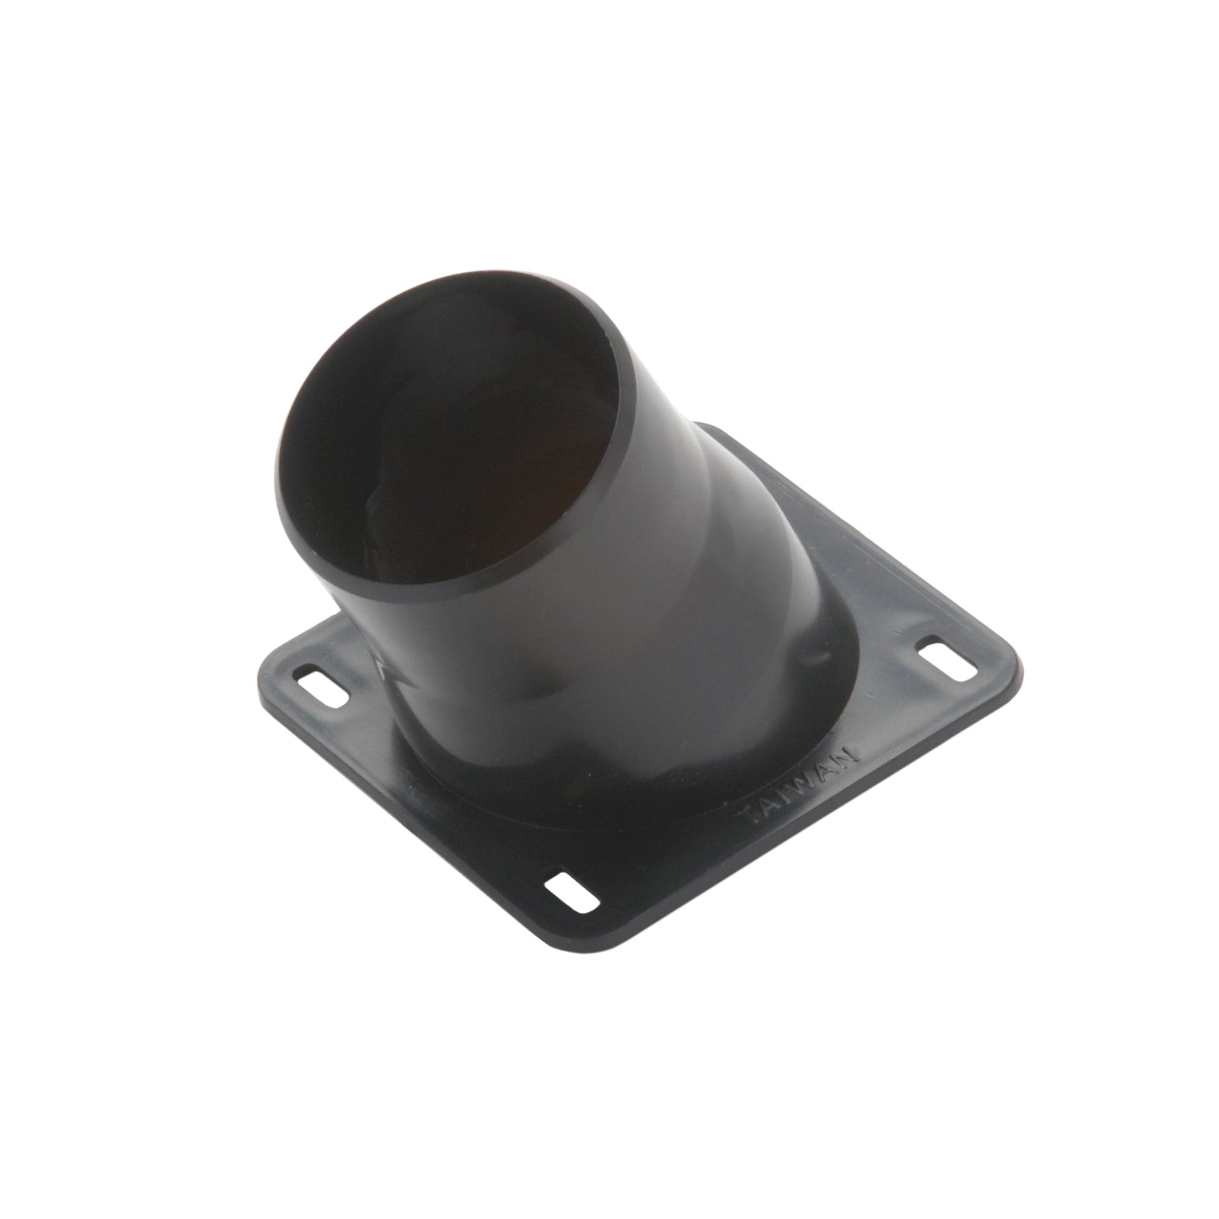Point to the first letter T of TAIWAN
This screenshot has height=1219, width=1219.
[749, 818]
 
